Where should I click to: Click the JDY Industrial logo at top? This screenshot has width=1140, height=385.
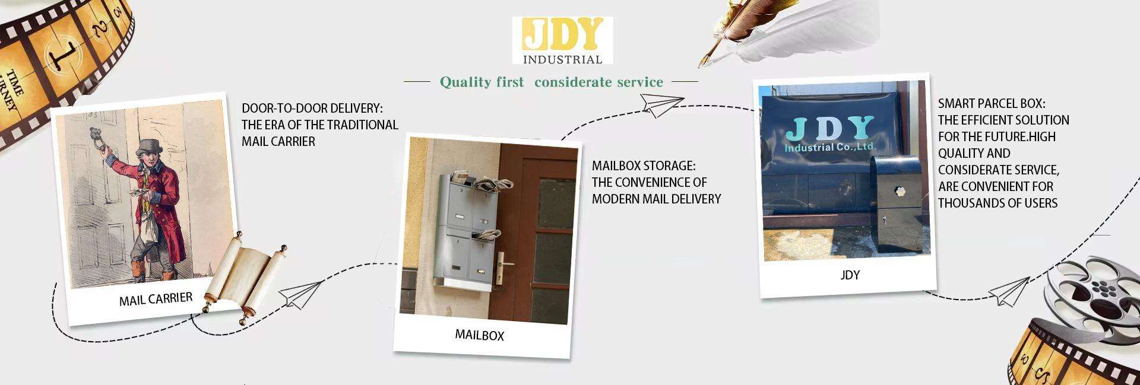point(562,40)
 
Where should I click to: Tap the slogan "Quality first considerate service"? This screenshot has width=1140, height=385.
point(551,82)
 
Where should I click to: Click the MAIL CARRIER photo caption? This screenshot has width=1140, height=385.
point(156,298)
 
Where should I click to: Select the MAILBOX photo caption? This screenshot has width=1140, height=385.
point(479,335)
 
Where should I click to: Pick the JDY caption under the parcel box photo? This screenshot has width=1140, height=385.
point(850,275)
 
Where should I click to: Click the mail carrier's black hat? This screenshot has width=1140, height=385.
point(151,147)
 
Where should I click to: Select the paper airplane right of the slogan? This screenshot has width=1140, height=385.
point(662,106)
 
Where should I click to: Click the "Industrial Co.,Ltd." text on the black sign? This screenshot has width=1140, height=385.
point(830,146)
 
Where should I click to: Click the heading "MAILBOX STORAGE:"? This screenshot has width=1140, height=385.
point(643,166)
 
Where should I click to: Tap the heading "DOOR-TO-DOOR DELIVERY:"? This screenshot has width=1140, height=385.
point(312,108)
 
